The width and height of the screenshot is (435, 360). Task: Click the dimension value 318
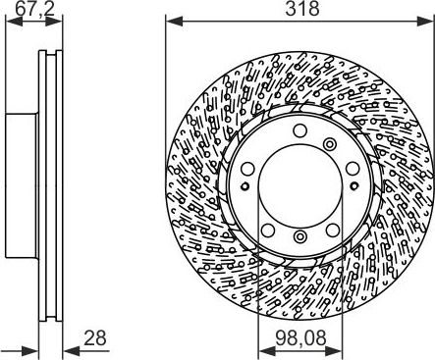[302, 9]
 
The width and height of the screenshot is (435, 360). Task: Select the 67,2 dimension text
[34, 9]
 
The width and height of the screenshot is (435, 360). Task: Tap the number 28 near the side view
[95, 337]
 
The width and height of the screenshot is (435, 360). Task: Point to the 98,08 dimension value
[300, 337]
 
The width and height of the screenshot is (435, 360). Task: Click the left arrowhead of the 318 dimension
[174, 22]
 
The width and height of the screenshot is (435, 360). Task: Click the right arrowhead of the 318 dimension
[425, 22]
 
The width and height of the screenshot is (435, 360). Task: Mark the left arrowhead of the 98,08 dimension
[266, 352]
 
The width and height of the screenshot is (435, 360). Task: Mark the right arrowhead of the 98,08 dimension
[334, 352]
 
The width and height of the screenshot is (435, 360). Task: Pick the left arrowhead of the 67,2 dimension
[15, 22]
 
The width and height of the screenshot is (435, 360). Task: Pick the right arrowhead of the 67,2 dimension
[54, 22]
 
